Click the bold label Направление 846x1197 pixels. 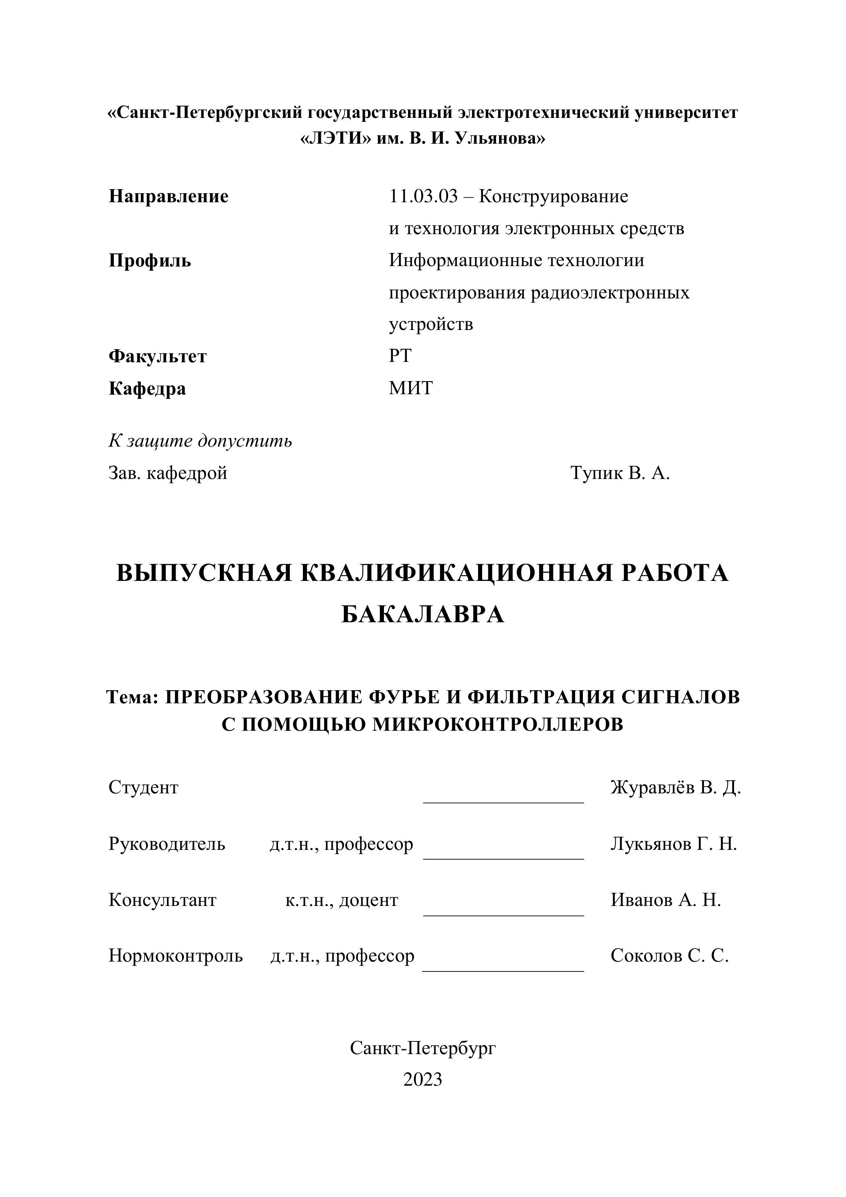pos(168,196)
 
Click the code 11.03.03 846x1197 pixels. pos(423,196)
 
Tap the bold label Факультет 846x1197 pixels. pos(158,356)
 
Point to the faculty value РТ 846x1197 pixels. pos(400,356)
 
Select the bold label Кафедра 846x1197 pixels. pos(147,388)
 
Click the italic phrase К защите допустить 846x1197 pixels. pos(200,441)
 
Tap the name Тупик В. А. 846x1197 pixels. pos(620,473)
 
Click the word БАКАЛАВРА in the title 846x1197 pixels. pos(423,614)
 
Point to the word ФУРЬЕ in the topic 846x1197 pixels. pos(406,697)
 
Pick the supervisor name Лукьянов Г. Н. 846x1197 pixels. pos(673,844)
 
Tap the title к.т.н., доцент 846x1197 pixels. pos(341,900)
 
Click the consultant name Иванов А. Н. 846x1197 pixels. pos(666,900)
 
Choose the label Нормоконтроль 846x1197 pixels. pos(176,956)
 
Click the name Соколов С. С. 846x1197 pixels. pos(669,956)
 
